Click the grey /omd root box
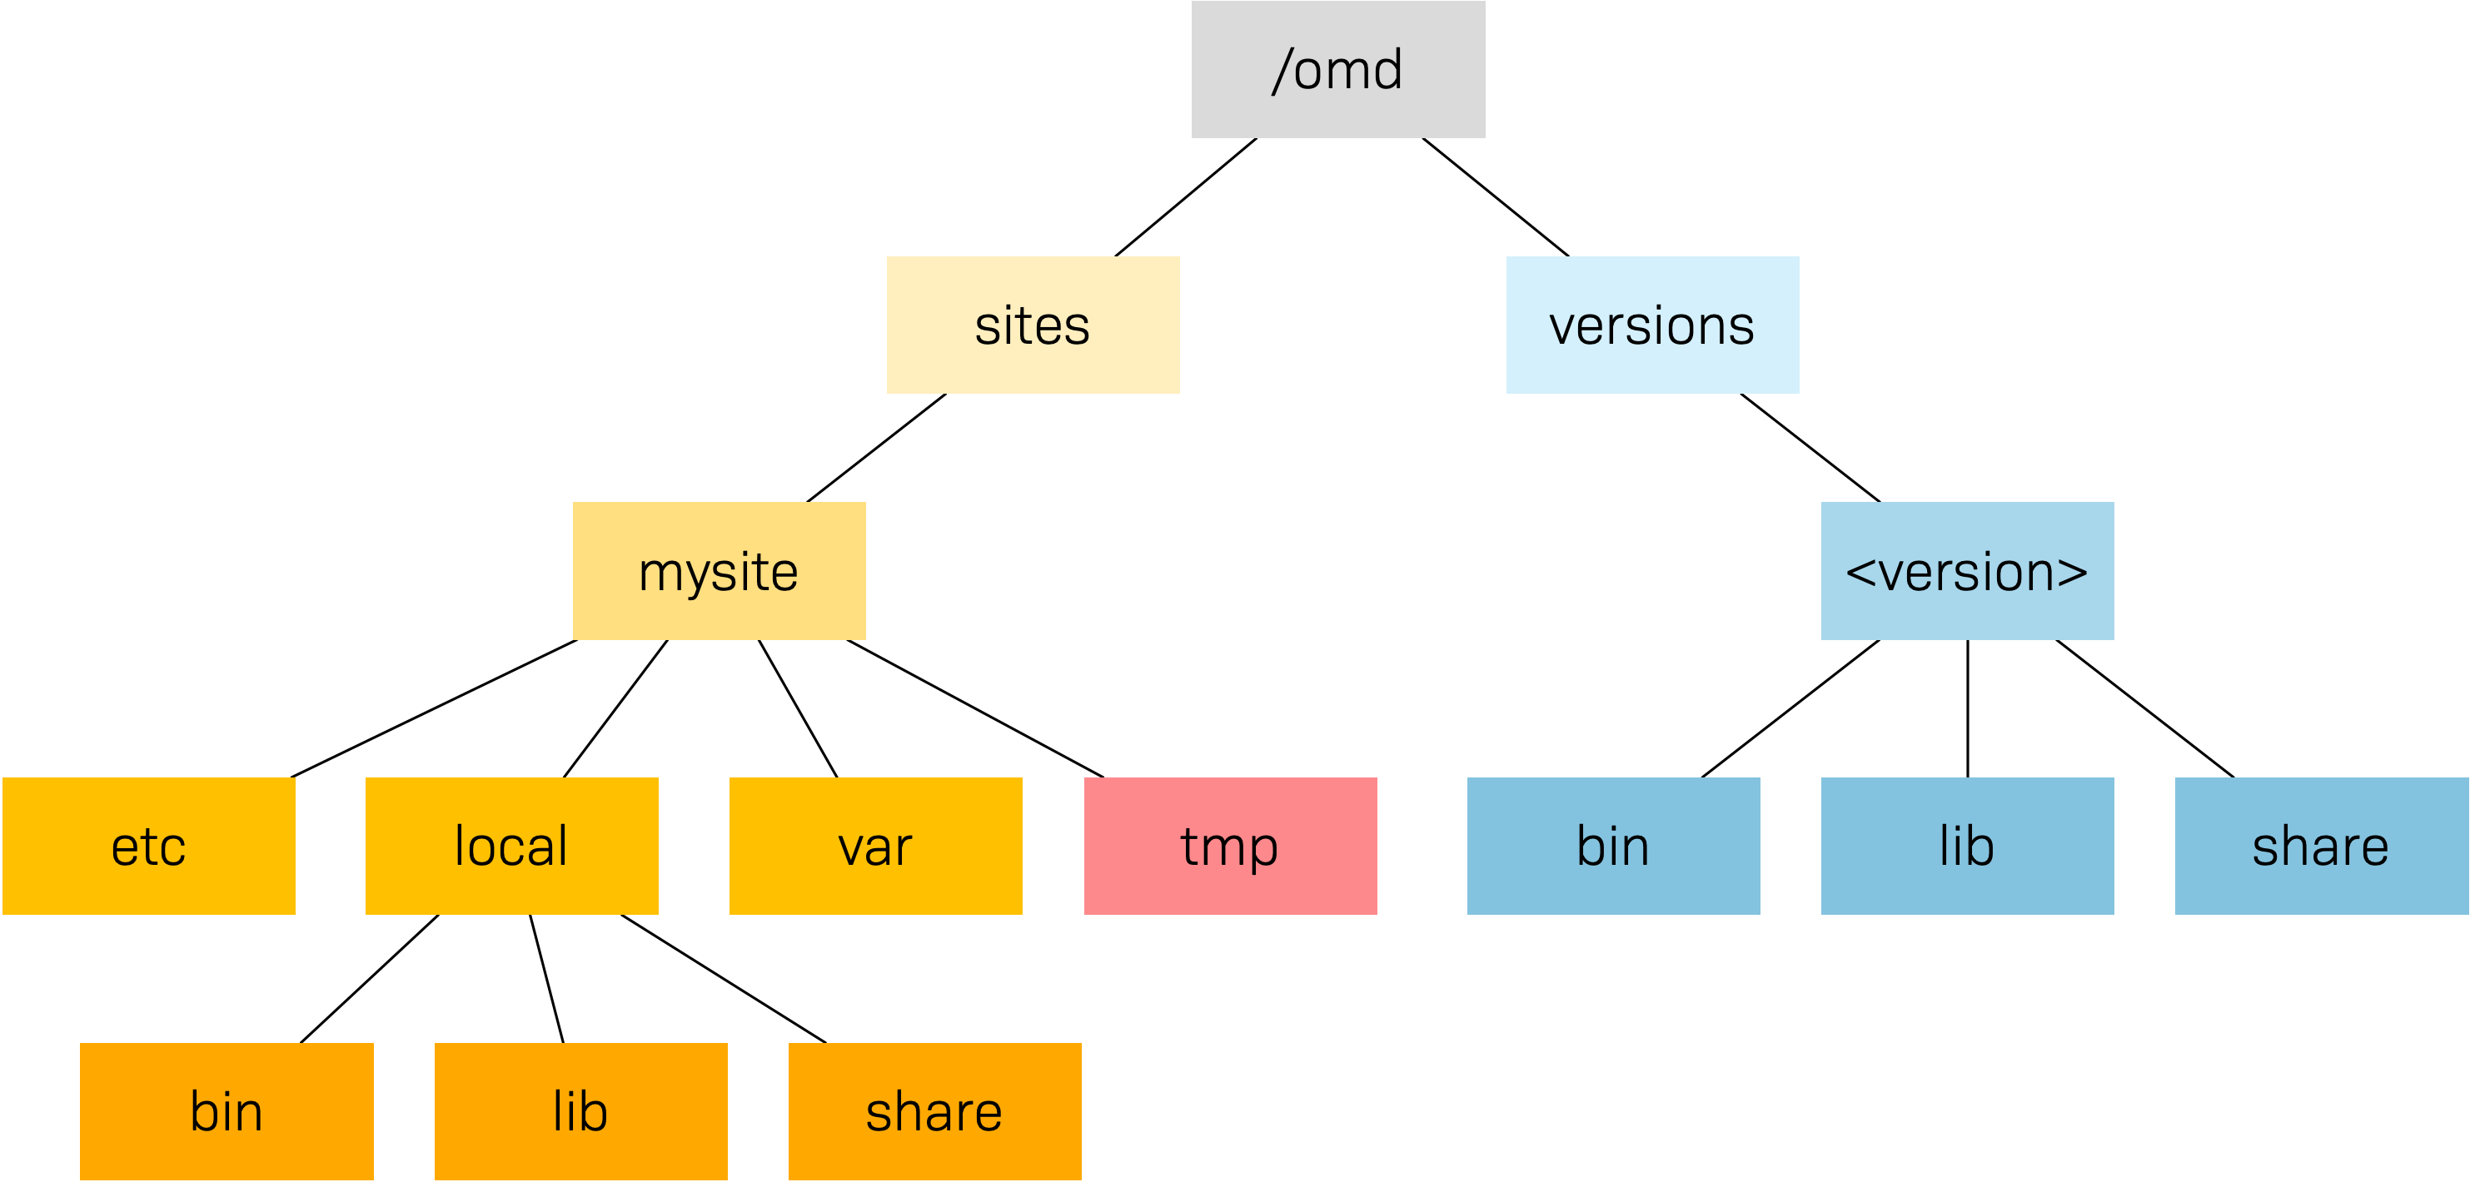pos(1337,69)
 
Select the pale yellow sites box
pos(1033,325)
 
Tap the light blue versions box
pos(1652,325)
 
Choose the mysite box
pos(720,571)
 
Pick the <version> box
pos(1967,571)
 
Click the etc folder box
pos(148,846)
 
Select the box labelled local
pos(511,846)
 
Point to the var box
pos(875,846)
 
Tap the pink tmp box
pos(1230,846)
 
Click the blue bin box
pos(1613,846)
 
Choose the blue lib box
pos(1967,846)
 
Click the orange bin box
pos(227,1111)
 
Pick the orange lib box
pos(580,1111)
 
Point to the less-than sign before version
pos(1861,574)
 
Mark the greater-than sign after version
pos(2072,574)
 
